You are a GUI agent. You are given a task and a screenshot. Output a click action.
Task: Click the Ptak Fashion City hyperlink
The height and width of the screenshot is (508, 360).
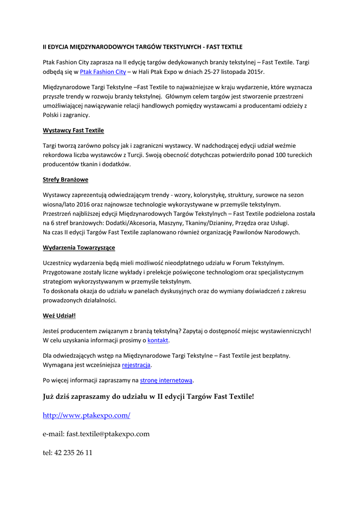[103, 72]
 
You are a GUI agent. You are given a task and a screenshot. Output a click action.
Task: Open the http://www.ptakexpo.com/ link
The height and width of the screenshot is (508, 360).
[86, 415]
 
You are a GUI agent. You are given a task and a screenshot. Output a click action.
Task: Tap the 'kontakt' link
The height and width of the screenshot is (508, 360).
[158, 340]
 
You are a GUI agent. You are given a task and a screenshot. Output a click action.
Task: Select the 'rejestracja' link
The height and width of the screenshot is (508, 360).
[136, 365]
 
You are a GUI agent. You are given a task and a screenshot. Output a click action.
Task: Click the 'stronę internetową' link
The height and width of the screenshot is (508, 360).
[166, 381]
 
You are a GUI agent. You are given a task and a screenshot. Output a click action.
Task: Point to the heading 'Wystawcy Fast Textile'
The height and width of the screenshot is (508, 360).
[73, 130]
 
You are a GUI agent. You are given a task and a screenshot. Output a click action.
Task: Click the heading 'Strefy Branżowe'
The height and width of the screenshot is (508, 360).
[66, 179]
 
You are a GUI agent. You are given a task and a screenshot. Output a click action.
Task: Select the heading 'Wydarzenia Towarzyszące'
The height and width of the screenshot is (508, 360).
[79, 247]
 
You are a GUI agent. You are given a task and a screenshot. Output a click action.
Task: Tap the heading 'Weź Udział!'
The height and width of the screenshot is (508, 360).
[59, 315]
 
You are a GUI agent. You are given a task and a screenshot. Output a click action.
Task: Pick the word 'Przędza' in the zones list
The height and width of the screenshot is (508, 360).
[247, 223]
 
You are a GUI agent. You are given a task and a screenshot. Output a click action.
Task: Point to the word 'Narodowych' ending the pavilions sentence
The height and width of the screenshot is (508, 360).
[282, 232]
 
